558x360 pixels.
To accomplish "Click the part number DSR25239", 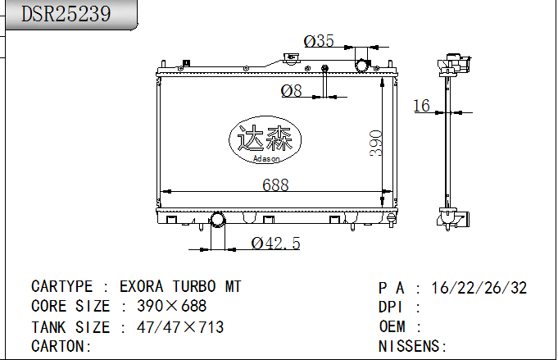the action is tap(66, 14).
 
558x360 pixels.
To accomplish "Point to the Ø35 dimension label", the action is tap(319, 41).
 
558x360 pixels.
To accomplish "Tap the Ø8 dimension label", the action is tap(292, 90).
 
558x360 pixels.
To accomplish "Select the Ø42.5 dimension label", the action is tap(276, 244).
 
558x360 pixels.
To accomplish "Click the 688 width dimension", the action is tap(275, 185).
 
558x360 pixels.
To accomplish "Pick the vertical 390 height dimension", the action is tap(376, 144).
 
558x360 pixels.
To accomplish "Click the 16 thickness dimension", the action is tap(422, 106).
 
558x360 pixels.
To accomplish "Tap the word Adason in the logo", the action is tap(266, 159).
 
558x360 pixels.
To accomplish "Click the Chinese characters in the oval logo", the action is tap(265, 138).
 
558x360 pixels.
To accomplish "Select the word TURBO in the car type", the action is tap(194, 287).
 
